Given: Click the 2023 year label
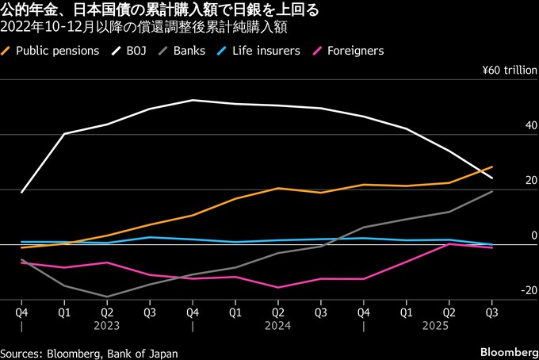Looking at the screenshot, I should pos(107,325).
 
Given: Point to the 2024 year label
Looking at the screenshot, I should pos(278,325).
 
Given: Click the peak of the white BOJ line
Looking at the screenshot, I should pos(192,100).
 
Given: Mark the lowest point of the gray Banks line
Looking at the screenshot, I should pos(107,297).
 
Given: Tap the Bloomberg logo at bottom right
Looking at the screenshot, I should pos(508,351).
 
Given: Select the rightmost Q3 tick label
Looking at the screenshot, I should pos(491,312).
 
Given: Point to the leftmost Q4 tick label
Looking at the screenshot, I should pos(21,312).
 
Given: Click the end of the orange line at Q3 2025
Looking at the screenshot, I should pos(492,167).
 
